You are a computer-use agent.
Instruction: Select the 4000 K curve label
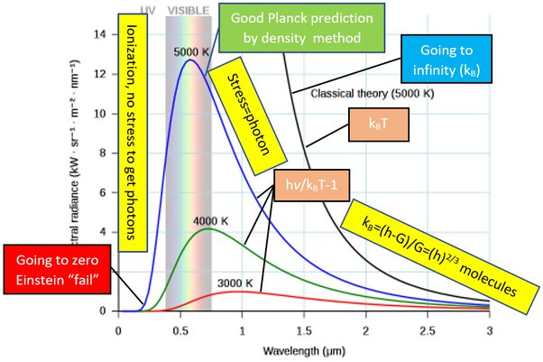[208, 220]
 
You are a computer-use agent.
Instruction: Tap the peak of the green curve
[208, 229]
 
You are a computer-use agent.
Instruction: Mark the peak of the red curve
[237, 292]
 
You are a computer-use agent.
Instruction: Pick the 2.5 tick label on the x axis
[428, 330]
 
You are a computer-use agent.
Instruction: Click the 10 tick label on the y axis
[101, 114]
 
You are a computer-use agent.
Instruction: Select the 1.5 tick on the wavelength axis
[304, 330]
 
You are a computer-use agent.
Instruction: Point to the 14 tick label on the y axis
[101, 35]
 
